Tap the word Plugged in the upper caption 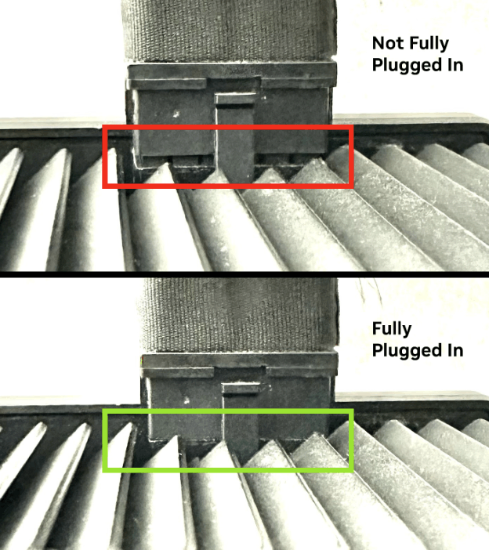coord(405,65)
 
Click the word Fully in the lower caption coord(392,329)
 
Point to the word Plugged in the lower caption coord(405,351)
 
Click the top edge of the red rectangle coord(228,128)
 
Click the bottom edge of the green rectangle coord(228,469)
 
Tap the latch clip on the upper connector coord(234,137)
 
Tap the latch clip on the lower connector coord(241,418)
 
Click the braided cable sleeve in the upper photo coord(229,31)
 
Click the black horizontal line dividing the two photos coord(244,274)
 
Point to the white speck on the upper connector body coord(176,114)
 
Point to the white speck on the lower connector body coord(187,400)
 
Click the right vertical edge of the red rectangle coord(351,157)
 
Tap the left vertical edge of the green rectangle coord(105,440)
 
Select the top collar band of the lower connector coord(240,360)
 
